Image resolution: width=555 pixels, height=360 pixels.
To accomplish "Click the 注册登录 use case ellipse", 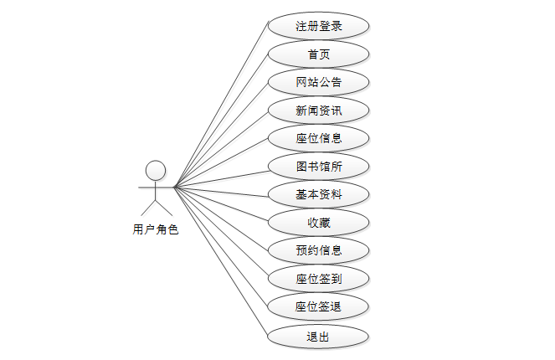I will (318, 26).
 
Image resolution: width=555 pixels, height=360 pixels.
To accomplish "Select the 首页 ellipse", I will (318, 54).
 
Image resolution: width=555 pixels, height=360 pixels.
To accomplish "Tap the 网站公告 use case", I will (318, 82).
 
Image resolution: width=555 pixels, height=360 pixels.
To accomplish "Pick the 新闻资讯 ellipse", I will (318, 110).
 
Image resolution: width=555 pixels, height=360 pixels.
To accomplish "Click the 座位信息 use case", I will (318, 138).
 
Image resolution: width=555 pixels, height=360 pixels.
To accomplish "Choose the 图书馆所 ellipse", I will (318, 166).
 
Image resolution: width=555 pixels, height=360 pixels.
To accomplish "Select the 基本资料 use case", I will (318, 194).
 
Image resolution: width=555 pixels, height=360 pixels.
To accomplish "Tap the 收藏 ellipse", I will (318, 222).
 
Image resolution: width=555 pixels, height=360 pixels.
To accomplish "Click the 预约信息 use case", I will (318, 249).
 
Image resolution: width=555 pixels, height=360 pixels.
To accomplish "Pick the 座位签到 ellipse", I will (318, 278).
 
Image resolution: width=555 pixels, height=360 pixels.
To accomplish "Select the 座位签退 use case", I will (318, 306).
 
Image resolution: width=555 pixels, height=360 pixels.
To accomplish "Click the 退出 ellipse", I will (318, 337).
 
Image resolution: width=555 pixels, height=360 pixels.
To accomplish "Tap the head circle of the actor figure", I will (155, 172).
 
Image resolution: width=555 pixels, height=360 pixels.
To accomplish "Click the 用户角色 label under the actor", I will (156, 229).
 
